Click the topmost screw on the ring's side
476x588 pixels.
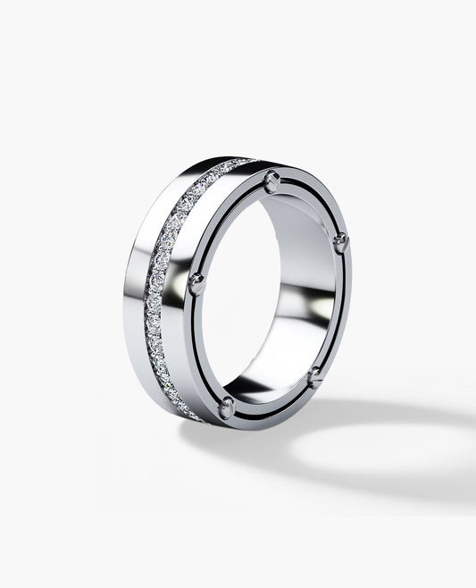(x=271, y=182)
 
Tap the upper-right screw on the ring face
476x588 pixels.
(x=339, y=243)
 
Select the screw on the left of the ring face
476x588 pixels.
(x=196, y=284)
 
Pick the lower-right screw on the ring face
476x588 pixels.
(x=315, y=377)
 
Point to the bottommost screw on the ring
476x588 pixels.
(x=227, y=408)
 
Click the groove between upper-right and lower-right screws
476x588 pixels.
(x=340, y=313)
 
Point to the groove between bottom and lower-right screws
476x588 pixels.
(x=272, y=407)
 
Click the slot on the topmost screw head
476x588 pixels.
(x=271, y=181)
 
